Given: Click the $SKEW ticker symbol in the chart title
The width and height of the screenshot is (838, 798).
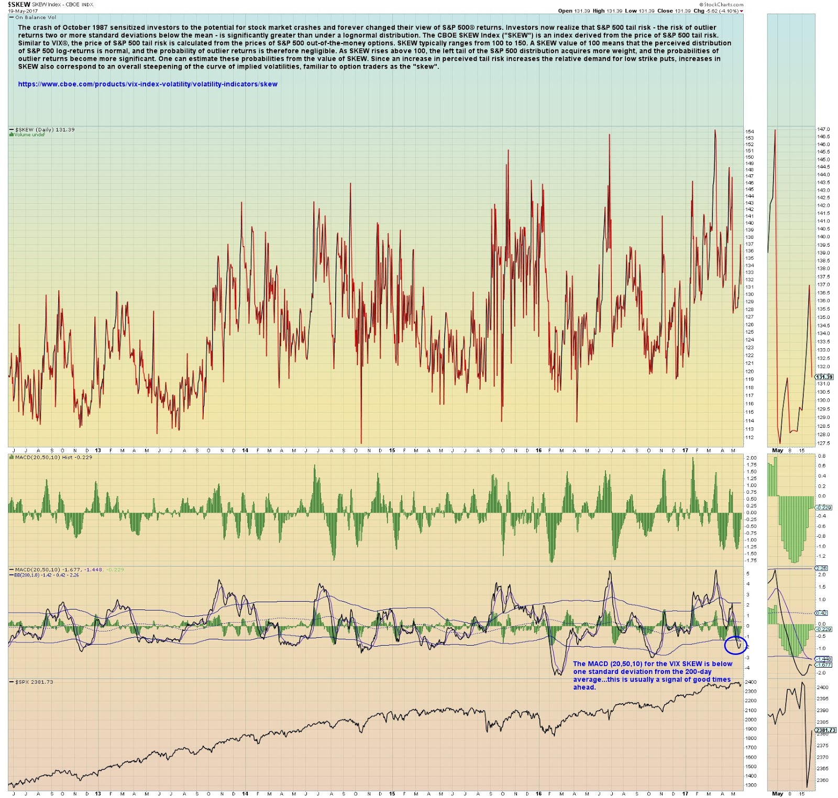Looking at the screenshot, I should coord(19,5).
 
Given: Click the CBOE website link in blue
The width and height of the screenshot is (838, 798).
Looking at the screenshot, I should coord(148,84).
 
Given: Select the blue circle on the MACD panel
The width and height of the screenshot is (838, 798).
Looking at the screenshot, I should coord(735,645).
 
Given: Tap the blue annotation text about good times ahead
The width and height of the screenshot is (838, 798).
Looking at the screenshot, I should coord(652,675).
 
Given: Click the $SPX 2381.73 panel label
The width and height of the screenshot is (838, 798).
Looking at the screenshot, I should coord(34,682).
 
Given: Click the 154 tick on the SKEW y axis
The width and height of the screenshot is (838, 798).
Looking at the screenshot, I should coord(749,131).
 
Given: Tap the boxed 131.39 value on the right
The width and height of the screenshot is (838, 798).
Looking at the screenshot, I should coord(824,377).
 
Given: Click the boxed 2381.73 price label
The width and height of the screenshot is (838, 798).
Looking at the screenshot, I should coord(825,730).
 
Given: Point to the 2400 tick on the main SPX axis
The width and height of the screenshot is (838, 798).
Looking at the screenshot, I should coord(751,682).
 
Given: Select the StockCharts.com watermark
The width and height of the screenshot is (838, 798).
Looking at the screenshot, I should coord(723,4).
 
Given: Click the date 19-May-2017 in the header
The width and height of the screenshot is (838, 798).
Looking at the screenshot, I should coord(19,11).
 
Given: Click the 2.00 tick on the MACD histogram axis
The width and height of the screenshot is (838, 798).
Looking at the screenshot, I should coord(751,458).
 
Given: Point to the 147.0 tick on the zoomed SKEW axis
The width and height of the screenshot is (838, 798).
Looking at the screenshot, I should coord(823,129).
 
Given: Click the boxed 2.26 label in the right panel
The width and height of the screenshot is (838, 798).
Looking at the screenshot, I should coord(821,568).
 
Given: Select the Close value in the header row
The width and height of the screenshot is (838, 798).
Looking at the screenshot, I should coord(683,11).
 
